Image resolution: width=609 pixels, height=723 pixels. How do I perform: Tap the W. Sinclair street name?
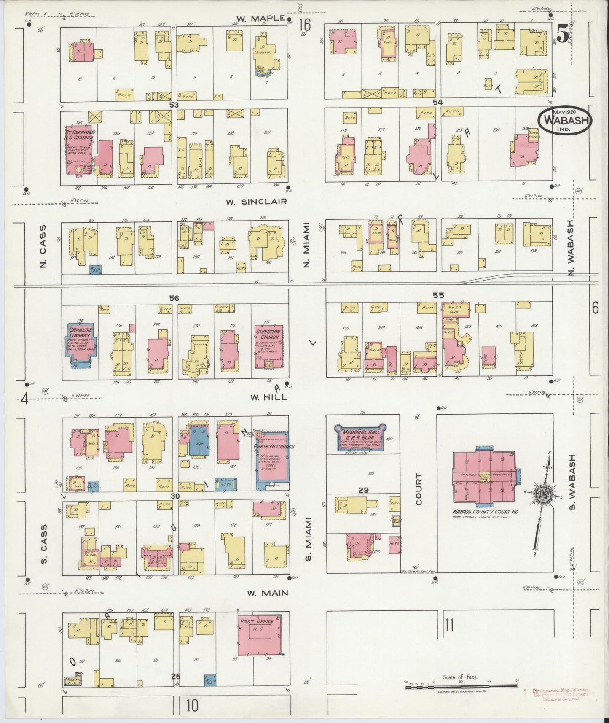point(256,202)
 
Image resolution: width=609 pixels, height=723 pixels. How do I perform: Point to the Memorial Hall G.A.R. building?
point(359,438)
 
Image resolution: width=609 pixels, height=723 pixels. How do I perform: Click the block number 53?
point(174,104)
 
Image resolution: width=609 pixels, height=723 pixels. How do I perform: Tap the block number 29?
point(363,490)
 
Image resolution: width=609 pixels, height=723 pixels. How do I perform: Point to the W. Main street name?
point(267,593)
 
